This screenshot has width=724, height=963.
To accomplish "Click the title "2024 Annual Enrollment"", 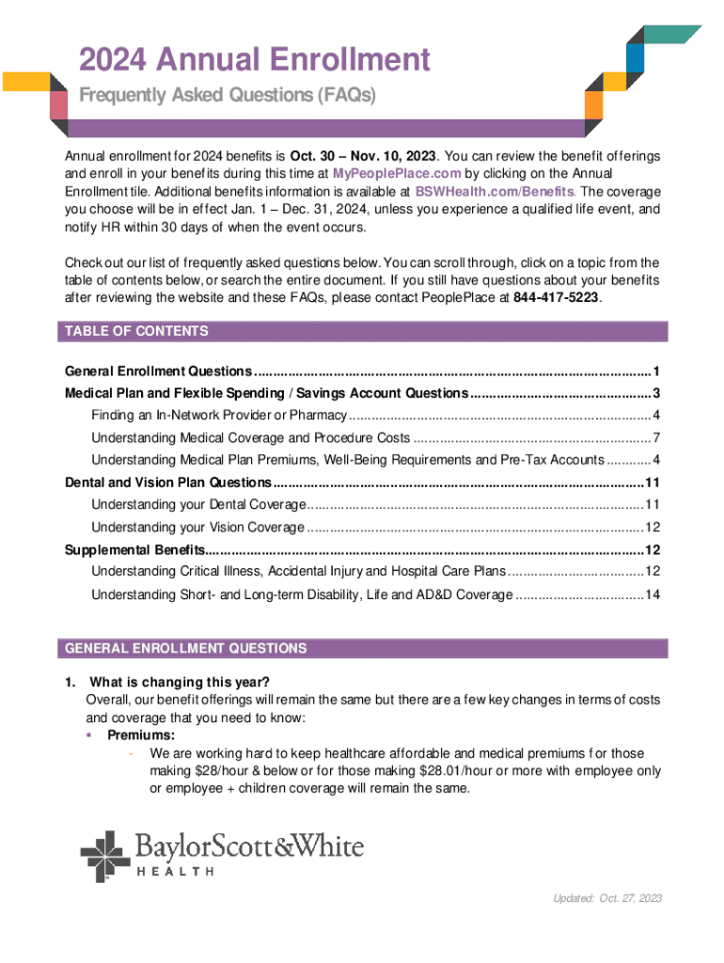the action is [x=255, y=61].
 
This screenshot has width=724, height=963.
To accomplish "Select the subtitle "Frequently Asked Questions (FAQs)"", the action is [x=227, y=97].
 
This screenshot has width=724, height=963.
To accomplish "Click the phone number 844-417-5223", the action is [x=556, y=297].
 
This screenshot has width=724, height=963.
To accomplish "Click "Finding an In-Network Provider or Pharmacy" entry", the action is [x=219, y=415].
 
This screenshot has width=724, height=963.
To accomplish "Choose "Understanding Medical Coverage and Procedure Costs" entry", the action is [x=250, y=437].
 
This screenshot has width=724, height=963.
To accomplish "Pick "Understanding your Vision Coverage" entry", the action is [x=197, y=527].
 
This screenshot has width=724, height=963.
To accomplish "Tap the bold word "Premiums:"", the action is [x=141, y=735].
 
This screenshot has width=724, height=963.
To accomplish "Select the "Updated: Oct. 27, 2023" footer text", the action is [x=607, y=898].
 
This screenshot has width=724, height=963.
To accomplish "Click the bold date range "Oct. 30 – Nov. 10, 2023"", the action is [x=362, y=155].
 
